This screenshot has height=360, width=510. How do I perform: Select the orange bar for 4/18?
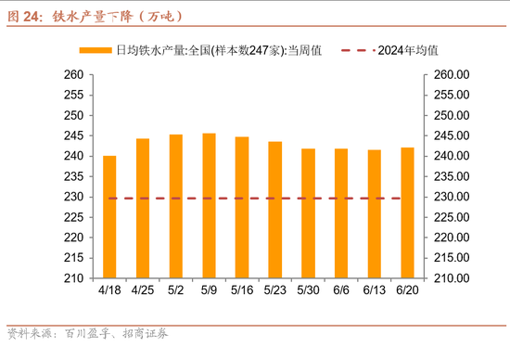click(109, 216)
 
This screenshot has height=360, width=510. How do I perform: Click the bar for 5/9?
click(209, 205)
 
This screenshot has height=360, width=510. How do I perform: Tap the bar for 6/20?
click(407, 212)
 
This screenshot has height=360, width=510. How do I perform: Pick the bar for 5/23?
click(275, 210)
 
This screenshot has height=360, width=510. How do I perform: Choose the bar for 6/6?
click(341, 213)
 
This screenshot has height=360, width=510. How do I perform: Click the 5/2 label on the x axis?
click(176, 289)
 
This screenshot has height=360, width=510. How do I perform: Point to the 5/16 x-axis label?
click(242, 289)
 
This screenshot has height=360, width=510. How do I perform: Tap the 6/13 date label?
click(374, 289)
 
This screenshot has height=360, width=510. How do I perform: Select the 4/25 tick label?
click(143, 289)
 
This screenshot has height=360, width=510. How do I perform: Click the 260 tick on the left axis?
click(71, 75)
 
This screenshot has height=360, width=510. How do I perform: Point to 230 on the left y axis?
click(71, 197)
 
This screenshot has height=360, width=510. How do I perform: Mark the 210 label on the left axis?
click(71, 278)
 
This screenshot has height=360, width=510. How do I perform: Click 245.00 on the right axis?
click(452, 135)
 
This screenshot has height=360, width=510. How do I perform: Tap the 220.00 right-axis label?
click(452, 238)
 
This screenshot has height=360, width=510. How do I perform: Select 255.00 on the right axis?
click(452, 96)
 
